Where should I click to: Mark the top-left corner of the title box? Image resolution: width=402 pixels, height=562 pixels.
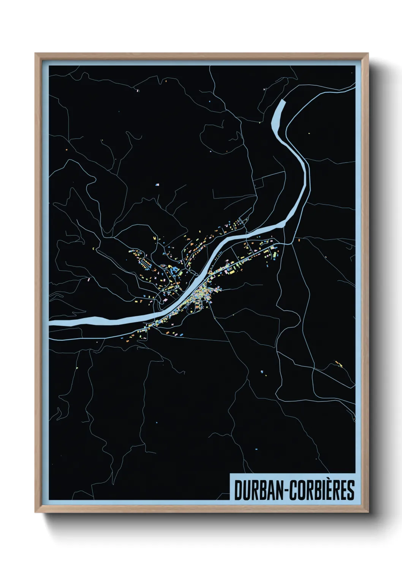tap(230, 474)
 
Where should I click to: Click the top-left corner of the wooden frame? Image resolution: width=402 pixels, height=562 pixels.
tap(35, 54)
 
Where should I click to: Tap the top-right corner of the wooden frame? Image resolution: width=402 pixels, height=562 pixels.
tap(368, 54)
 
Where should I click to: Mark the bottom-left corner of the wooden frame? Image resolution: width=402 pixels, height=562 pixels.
tap(35, 513)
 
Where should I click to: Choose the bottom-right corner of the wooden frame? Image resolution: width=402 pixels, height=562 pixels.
tap(368, 513)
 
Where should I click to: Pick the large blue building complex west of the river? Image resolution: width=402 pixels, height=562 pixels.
tap(175, 270)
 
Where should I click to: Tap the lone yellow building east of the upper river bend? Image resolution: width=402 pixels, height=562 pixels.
tap(309, 133)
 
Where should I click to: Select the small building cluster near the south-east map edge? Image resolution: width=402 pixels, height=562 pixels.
tap(338, 364)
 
